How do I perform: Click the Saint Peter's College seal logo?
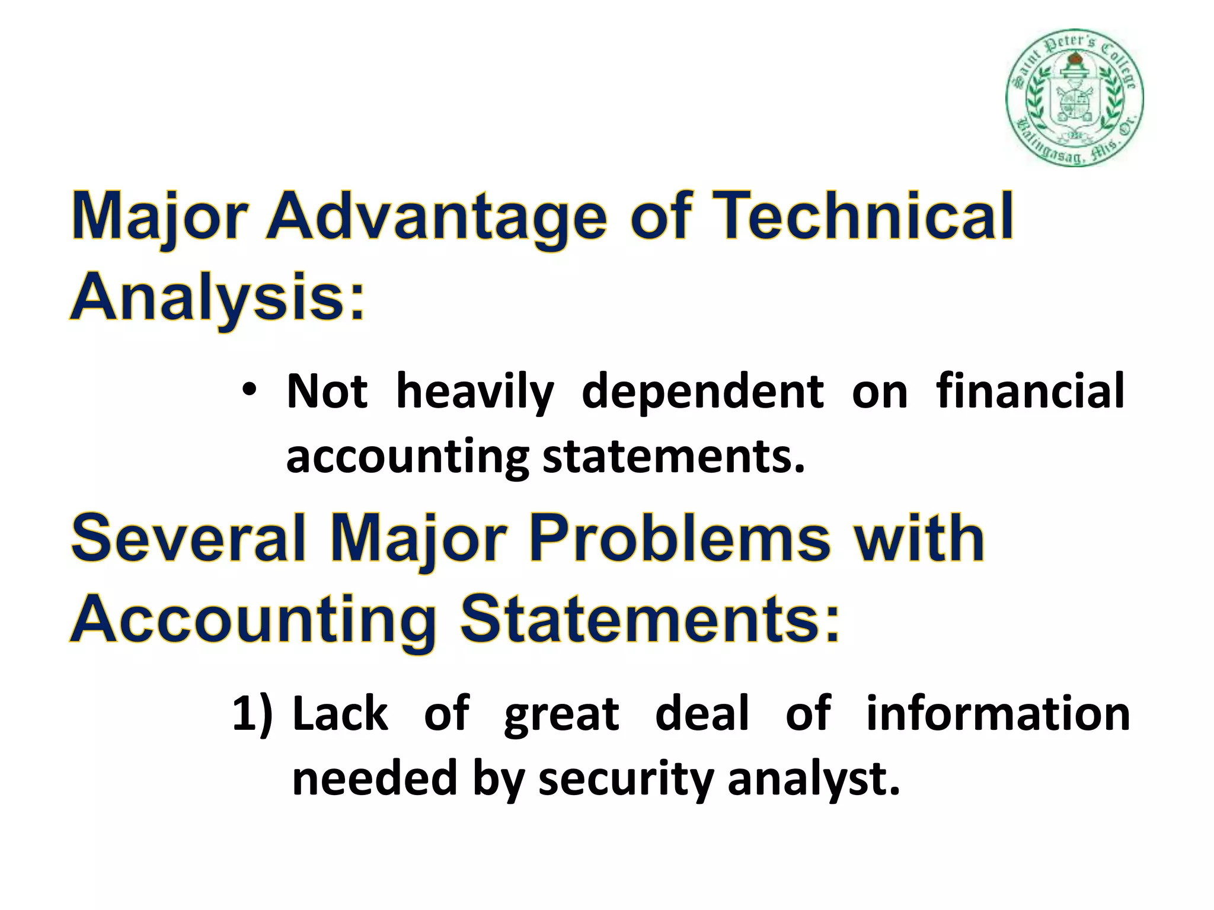pyautogui.click(x=1074, y=98)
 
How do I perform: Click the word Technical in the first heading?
pyautogui.click(x=862, y=216)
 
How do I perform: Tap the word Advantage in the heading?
pyautogui.click(x=437, y=217)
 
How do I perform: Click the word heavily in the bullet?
pyautogui.click(x=475, y=392)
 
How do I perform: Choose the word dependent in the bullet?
pyautogui.click(x=702, y=392)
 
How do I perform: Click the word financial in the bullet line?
pyautogui.click(x=1030, y=391)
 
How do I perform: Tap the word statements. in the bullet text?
pyautogui.click(x=674, y=457)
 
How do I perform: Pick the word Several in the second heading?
pyautogui.click(x=189, y=538)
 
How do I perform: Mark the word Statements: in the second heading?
pyautogui.click(x=650, y=620)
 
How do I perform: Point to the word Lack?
pyautogui.click(x=340, y=714)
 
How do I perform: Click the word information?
pyautogui.click(x=998, y=714)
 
